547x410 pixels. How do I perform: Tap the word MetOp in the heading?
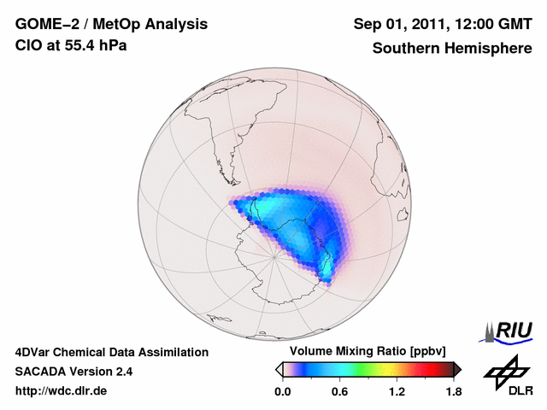pyautogui.click(x=115, y=23)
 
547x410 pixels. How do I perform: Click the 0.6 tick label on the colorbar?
pyautogui.click(x=339, y=392)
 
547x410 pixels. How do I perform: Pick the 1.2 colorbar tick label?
pyautogui.click(x=397, y=392)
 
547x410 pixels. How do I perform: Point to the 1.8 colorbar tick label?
pyautogui.click(x=454, y=392)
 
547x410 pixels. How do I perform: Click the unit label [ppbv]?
pyautogui.click(x=434, y=352)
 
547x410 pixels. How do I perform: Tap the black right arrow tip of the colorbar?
pyautogui.click(x=458, y=369)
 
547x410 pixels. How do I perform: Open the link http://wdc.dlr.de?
pyautogui.click(x=62, y=391)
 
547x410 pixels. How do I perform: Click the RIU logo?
pyautogui.click(x=511, y=330)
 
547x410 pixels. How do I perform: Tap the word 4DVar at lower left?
pyautogui.click(x=35, y=352)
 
